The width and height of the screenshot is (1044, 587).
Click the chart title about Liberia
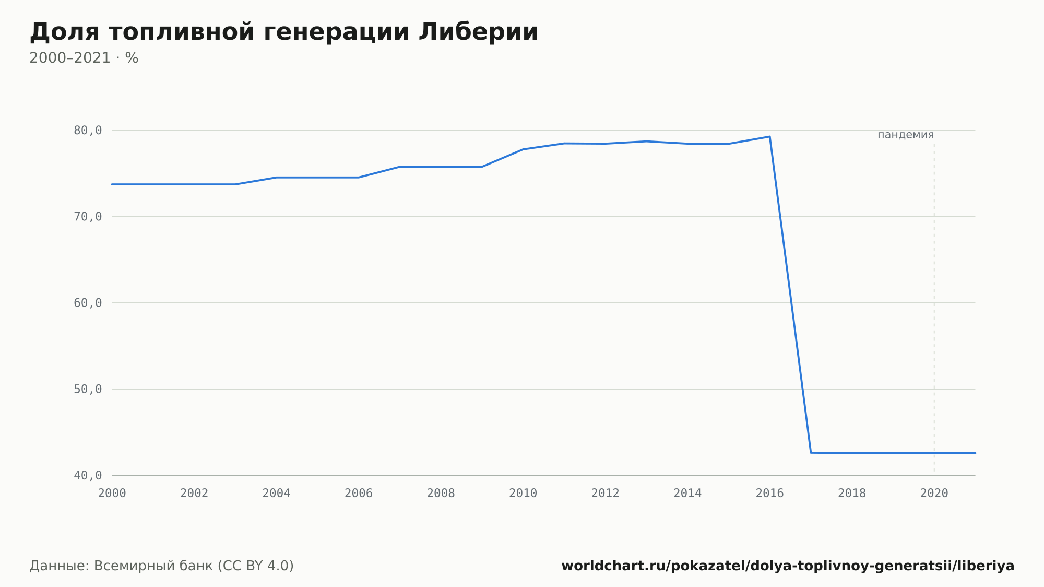pyautogui.click(x=284, y=32)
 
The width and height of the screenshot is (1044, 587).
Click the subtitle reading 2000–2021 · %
pyautogui.click(x=84, y=58)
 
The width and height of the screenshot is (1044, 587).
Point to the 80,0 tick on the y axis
pyautogui.click(x=88, y=131)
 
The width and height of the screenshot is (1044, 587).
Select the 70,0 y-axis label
pyautogui.click(x=88, y=217)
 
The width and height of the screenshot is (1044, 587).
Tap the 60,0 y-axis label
pyautogui.click(x=88, y=303)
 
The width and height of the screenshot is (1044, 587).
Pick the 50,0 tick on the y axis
pyautogui.click(x=88, y=389)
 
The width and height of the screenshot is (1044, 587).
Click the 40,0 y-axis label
pyautogui.click(x=88, y=475)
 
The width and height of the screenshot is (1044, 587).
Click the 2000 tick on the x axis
pyautogui.click(x=112, y=494)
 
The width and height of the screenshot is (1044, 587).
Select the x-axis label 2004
pyautogui.click(x=277, y=494)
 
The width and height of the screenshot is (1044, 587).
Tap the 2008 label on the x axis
pyautogui.click(x=441, y=494)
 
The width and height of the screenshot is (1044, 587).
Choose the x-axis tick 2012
pyautogui.click(x=606, y=494)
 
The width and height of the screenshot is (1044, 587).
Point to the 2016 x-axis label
pyautogui.click(x=770, y=494)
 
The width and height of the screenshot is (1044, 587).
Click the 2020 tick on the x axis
pyautogui.click(x=934, y=494)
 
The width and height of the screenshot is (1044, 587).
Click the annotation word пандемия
pyautogui.click(x=906, y=135)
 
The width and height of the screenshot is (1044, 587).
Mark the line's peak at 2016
pyautogui.click(x=770, y=137)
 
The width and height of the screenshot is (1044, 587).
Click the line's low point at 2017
pyautogui.click(x=811, y=452)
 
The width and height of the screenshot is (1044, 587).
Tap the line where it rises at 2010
pyautogui.click(x=523, y=149)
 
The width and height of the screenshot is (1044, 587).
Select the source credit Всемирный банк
pyautogui.click(x=153, y=566)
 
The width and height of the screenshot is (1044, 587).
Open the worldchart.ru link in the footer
pyautogui.click(x=788, y=566)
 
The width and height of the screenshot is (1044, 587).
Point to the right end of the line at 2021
pyautogui.click(x=975, y=453)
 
